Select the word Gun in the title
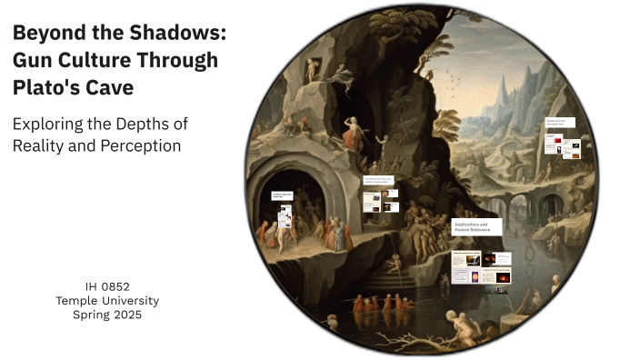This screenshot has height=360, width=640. point(32,61)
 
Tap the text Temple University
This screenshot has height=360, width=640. point(108,301)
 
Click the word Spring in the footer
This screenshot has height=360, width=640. point(92,315)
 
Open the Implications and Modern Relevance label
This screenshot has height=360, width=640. point(479,228)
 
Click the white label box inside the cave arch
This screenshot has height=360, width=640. point(285,195)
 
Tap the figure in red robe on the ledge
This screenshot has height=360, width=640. point(283,232)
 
